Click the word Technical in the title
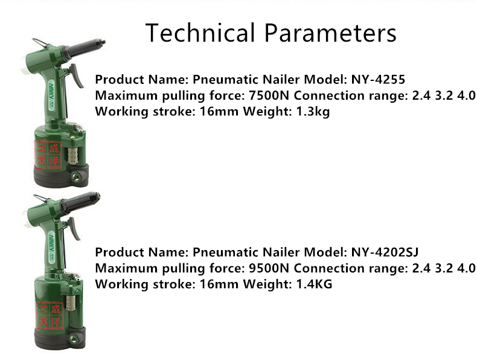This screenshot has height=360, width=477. click(200, 33)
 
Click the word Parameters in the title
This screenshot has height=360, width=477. click(330, 33)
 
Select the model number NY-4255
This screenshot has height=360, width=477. click(378, 79)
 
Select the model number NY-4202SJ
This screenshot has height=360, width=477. click(385, 252)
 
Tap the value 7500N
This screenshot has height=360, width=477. click(269, 95)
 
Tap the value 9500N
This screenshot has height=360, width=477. click(269, 268)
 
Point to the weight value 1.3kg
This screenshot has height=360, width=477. click(313, 112)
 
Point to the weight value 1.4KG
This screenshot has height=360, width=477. click(314, 284)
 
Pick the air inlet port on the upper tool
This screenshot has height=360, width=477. click(74, 176)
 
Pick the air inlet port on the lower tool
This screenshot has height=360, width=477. click(72, 338)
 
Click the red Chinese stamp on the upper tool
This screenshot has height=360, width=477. click(48, 155)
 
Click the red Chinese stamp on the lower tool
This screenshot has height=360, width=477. click(50, 315)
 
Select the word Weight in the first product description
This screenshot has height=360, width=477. click(267, 112)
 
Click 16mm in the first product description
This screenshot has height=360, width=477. click(219, 112)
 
